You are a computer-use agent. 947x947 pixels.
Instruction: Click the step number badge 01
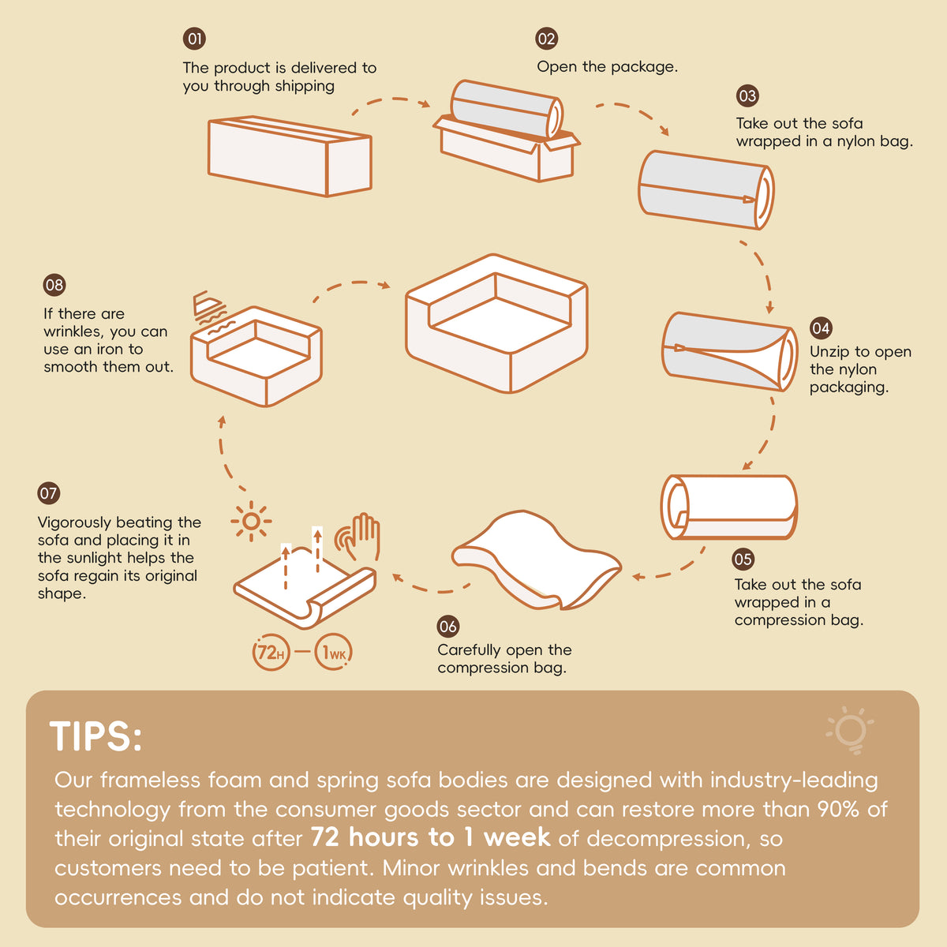pyautogui.click(x=194, y=39)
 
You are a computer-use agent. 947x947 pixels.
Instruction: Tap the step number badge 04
pyautogui.click(x=821, y=328)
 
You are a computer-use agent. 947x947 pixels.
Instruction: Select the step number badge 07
pyautogui.click(x=49, y=493)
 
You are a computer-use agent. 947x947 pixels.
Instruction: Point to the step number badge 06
pyautogui.click(x=447, y=626)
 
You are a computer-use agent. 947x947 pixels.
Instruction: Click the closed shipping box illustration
pyautogui.click(x=290, y=156)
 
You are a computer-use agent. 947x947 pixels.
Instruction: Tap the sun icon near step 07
pyautogui.click(x=251, y=522)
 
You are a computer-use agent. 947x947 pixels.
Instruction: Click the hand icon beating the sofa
pyautogui.click(x=358, y=537)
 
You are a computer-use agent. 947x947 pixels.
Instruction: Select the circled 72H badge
pyautogui.click(x=271, y=652)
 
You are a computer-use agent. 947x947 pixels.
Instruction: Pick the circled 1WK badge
pyautogui.click(x=334, y=652)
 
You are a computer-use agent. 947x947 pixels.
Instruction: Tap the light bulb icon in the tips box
pyautogui.click(x=851, y=730)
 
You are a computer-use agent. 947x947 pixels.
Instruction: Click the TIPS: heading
pyautogui.click(x=95, y=736)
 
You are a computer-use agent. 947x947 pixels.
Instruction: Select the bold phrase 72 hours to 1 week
pyautogui.click(x=431, y=837)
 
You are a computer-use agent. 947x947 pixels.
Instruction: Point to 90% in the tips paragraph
pyautogui.click(x=838, y=809)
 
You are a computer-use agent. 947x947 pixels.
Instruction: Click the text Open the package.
pyautogui.click(x=608, y=66)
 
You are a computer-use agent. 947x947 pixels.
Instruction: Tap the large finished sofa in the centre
pyautogui.click(x=496, y=324)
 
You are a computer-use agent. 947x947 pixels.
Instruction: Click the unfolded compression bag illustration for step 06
pyautogui.click(x=537, y=560)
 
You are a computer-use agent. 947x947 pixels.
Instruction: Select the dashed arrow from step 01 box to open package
pyautogui.click(x=391, y=99)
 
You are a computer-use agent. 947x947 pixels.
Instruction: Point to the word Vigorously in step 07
pyautogui.click(x=75, y=523)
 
